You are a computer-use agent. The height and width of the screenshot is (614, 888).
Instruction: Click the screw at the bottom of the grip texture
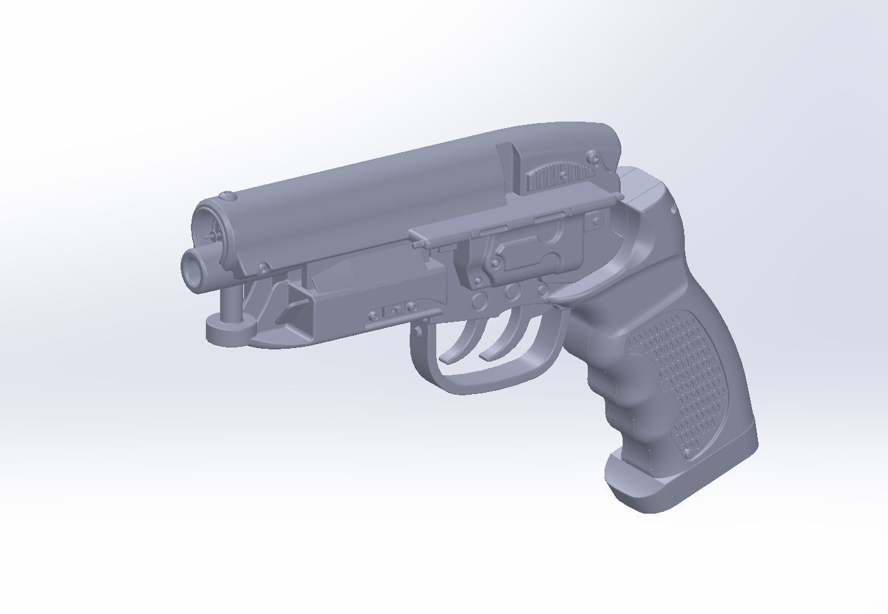[688, 454]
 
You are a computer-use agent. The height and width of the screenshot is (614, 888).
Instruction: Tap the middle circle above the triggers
[513, 291]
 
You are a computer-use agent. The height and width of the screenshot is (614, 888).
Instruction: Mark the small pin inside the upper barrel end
[211, 237]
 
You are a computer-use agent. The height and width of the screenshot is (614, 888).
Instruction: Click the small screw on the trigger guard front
[419, 330]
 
